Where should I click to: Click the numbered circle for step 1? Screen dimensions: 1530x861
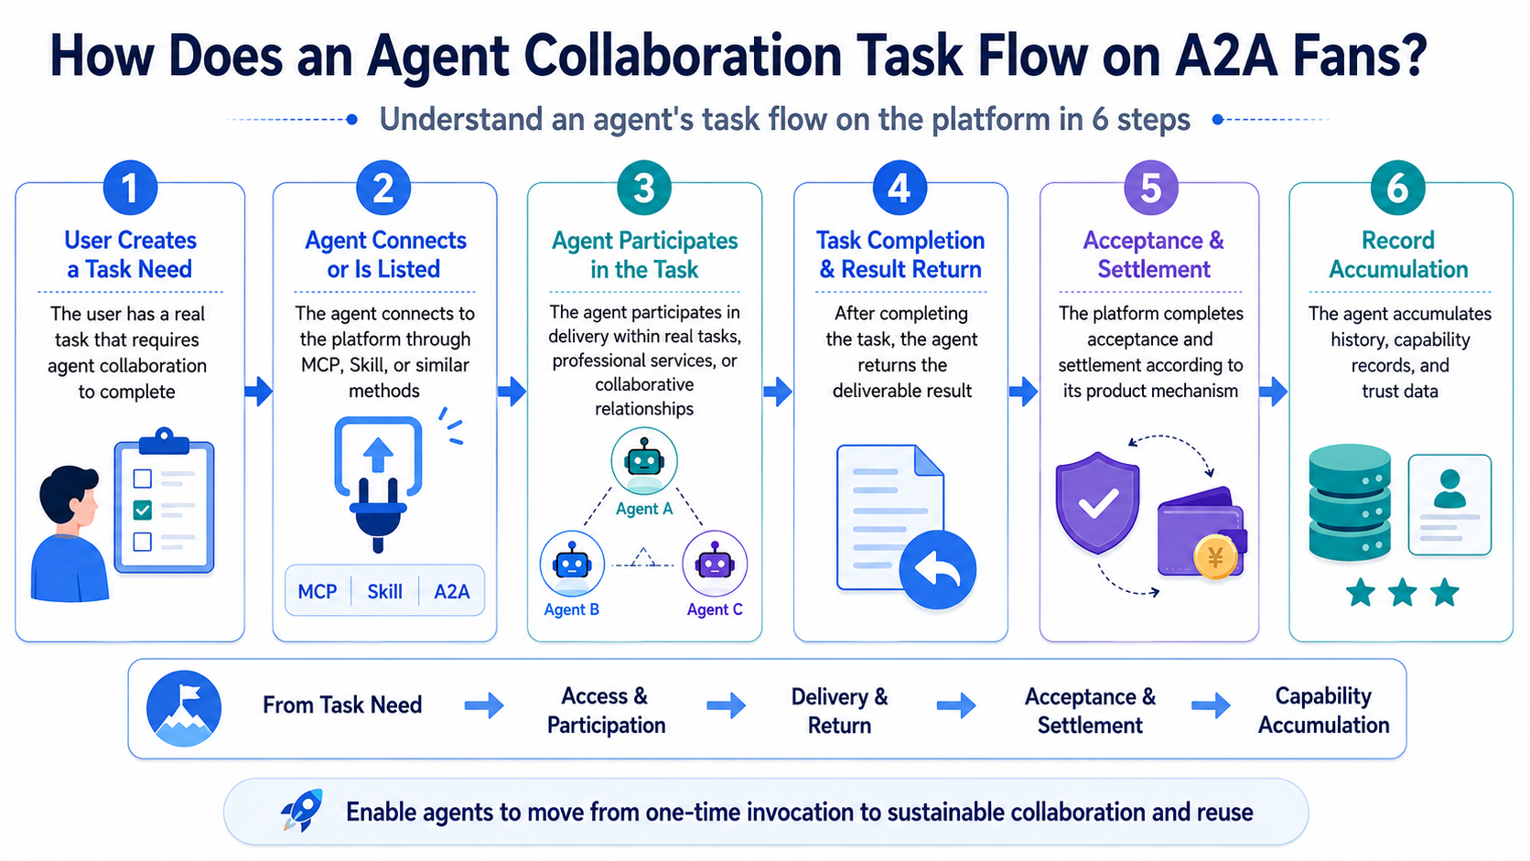(130, 188)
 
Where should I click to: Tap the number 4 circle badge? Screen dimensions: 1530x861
(900, 188)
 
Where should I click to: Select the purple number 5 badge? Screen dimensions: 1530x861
(1151, 188)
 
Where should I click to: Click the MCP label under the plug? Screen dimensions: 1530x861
(318, 591)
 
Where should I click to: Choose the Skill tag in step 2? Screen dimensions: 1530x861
(384, 591)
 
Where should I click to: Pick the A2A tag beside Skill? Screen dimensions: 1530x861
(451, 591)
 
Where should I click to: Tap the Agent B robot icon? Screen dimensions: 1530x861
(573, 564)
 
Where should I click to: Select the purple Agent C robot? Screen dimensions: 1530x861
(715, 564)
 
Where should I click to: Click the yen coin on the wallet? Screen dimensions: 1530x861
(1215, 558)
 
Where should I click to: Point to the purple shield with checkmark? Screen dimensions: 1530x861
(1098, 502)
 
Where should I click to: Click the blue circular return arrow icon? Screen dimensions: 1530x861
(937, 569)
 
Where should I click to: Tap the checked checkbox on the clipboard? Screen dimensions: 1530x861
(142, 510)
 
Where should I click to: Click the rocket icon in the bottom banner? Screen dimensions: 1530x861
(302, 811)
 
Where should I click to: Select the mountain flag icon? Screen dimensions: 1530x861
(184, 709)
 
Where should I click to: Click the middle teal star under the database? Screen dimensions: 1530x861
(1402, 592)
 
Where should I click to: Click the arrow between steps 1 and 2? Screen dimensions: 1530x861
(258, 392)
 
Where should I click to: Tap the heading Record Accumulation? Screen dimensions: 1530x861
(1398, 254)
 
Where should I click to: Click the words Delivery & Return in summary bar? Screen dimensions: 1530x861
(839, 710)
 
